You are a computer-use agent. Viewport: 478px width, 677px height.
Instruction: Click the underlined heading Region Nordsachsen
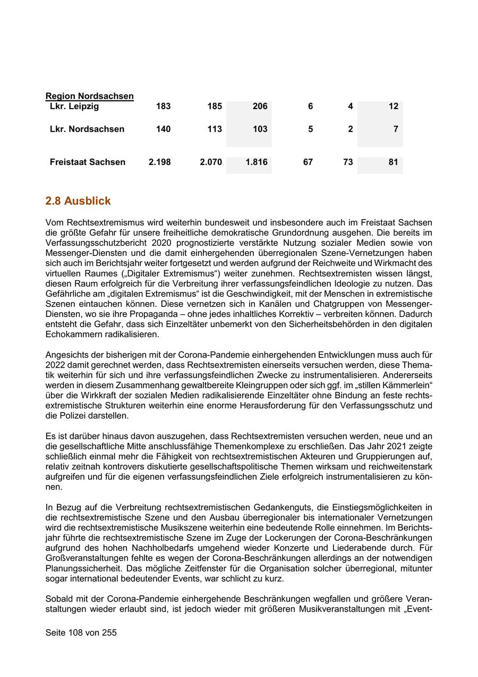click(x=89, y=96)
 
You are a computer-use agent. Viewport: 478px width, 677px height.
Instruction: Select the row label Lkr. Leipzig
click(x=74, y=106)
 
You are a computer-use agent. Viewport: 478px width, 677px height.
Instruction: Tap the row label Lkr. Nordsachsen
click(x=87, y=129)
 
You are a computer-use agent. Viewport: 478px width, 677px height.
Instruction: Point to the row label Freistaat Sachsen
click(x=88, y=162)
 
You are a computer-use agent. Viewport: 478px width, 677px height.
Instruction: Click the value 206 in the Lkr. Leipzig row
click(x=260, y=106)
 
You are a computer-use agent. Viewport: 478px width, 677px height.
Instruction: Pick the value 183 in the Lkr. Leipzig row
click(x=163, y=106)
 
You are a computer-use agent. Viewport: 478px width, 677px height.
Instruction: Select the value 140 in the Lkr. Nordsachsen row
click(x=163, y=129)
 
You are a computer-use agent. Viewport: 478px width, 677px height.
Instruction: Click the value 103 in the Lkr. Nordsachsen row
click(x=260, y=129)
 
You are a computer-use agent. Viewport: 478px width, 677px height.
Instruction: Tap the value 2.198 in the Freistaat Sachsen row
click(x=159, y=162)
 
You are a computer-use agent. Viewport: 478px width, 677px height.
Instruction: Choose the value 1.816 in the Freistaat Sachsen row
click(x=257, y=162)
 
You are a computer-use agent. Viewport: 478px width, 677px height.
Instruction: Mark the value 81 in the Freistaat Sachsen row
click(x=393, y=162)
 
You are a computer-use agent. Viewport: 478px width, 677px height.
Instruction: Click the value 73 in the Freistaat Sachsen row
click(x=348, y=162)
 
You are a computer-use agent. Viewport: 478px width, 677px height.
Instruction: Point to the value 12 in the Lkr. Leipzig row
click(x=393, y=106)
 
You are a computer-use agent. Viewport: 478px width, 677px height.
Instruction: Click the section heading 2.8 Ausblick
click(x=78, y=201)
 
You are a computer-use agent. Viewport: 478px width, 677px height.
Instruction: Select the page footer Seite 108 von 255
click(x=81, y=633)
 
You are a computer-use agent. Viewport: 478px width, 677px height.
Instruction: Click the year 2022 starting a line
click(x=55, y=365)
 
